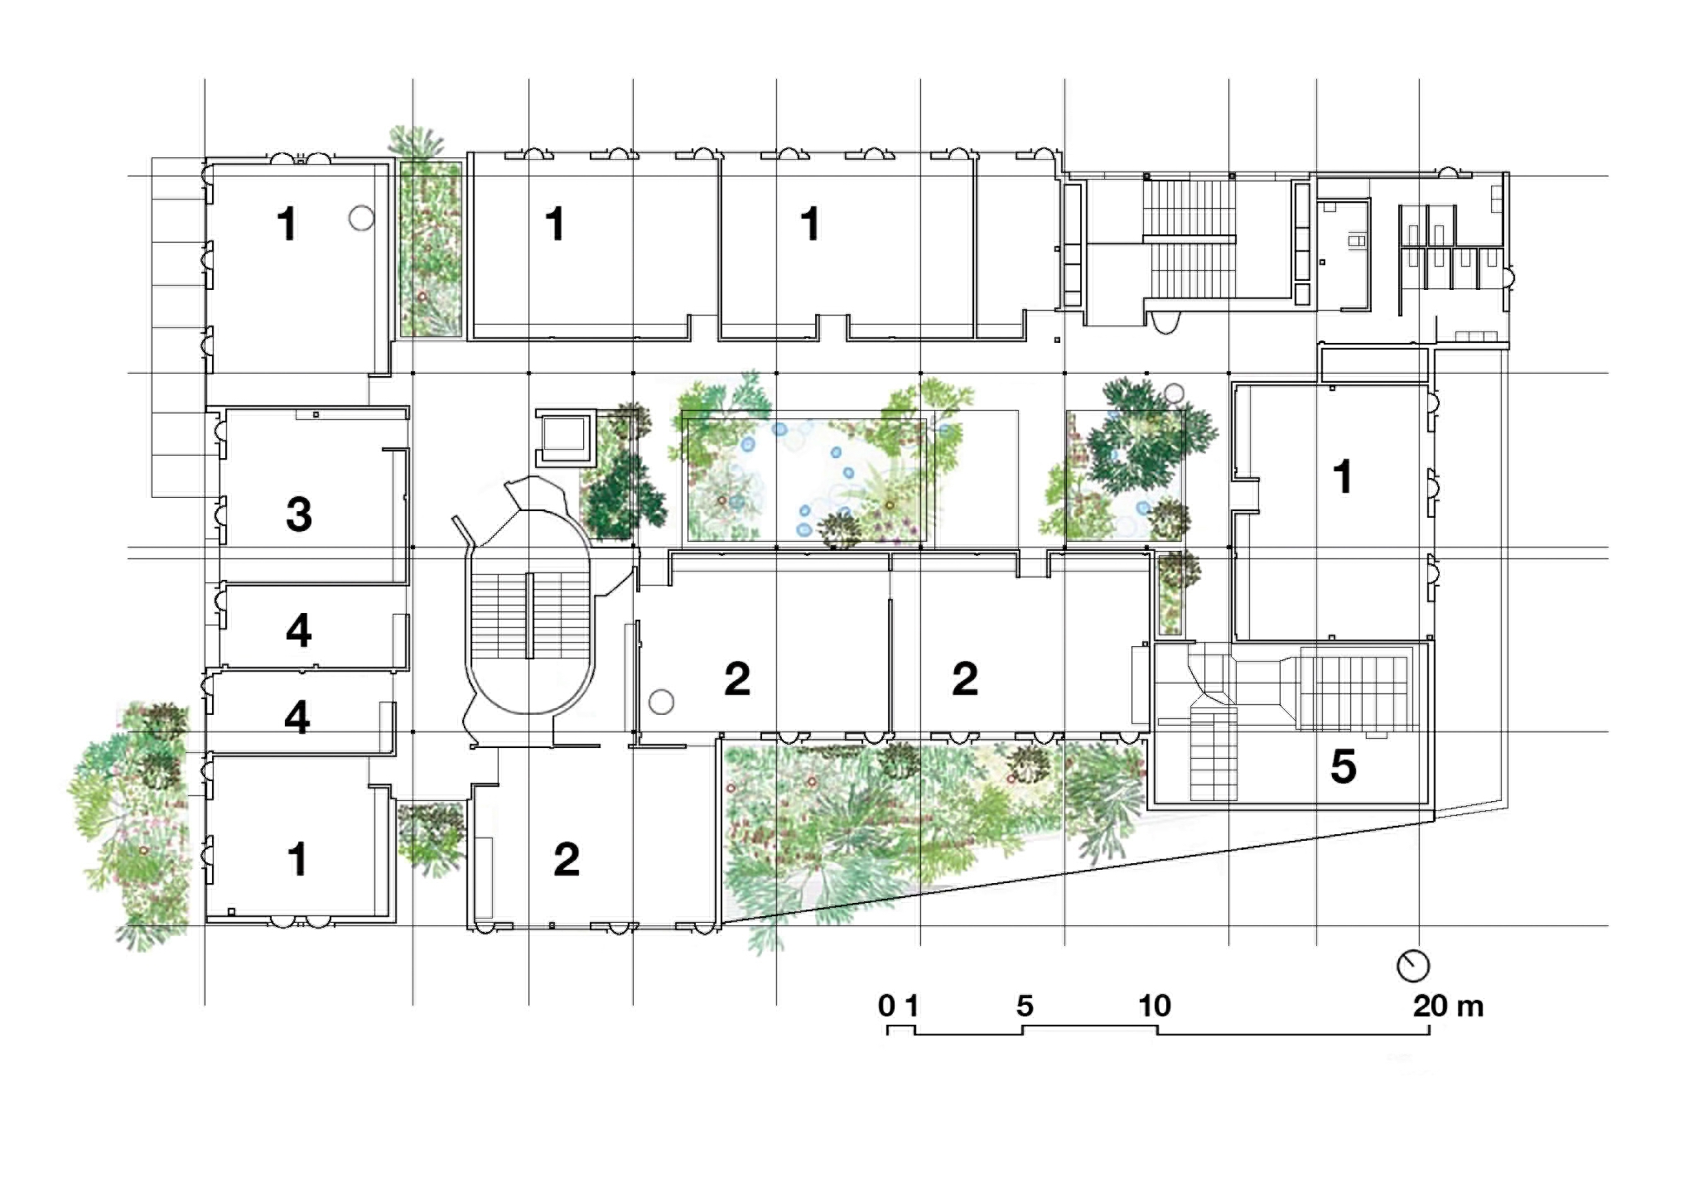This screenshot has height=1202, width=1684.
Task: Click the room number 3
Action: click(x=299, y=514)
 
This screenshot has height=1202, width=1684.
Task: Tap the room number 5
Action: click(x=1343, y=766)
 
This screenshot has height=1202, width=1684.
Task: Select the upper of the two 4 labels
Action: click(x=299, y=631)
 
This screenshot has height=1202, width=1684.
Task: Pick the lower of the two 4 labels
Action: click(x=297, y=717)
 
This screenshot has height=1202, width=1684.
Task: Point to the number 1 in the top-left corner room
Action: click(x=287, y=224)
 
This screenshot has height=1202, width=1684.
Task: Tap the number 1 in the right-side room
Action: click(x=1343, y=476)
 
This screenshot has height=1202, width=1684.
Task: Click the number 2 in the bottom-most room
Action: click(x=567, y=859)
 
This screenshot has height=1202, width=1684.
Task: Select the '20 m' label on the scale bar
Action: click(x=1448, y=1006)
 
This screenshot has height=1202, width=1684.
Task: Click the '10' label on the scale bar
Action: click(x=1155, y=1006)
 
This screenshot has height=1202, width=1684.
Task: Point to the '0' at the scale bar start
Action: click(x=886, y=1006)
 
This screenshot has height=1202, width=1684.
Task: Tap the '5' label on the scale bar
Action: click(x=1025, y=1006)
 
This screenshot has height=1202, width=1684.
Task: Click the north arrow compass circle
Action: click(x=1413, y=966)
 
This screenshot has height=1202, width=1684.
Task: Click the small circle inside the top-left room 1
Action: click(x=361, y=218)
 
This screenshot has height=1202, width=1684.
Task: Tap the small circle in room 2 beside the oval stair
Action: click(x=660, y=702)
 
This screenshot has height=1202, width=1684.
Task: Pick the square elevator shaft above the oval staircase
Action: click(x=566, y=438)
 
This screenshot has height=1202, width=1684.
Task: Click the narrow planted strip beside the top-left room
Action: click(x=431, y=249)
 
